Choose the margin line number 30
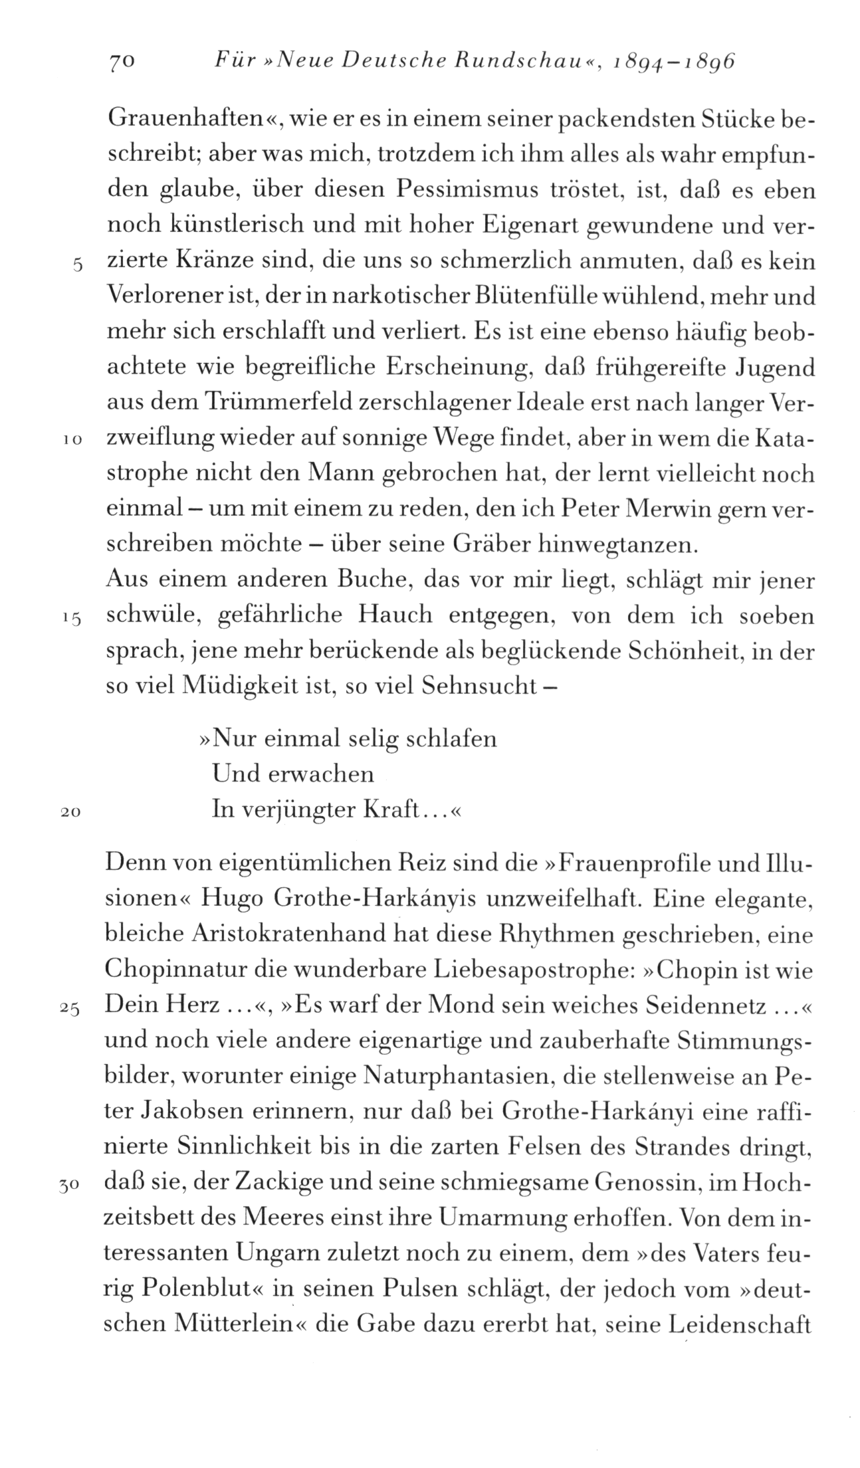pyautogui.click(x=70, y=1185)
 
